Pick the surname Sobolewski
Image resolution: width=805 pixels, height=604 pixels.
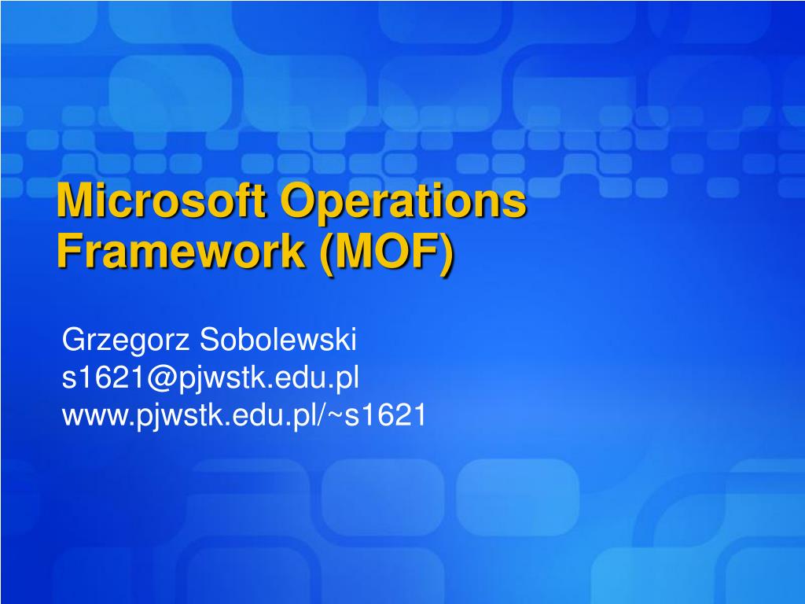click(x=278, y=339)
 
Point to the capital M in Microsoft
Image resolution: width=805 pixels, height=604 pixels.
click(x=74, y=200)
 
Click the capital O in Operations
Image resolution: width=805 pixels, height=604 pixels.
click(x=298, y=200)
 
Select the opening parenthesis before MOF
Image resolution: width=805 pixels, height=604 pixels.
click(x=326, y=254)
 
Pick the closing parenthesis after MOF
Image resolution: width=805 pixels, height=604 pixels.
click(x=447, y=254)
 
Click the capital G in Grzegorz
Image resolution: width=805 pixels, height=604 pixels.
click(x=75, y=339)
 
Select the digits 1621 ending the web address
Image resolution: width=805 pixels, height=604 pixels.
click(x=395, y=414)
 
